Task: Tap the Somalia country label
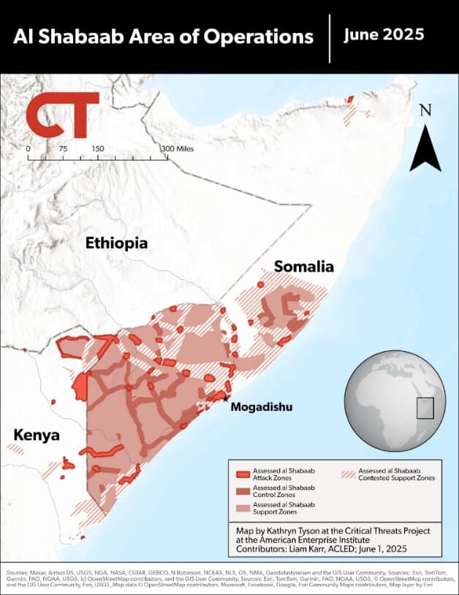[303, 267]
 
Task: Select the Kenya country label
[36, 436]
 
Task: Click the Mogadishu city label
[261, 406]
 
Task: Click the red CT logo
[61, 115]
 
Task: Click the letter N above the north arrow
[425, 110]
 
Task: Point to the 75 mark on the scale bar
[63, 148]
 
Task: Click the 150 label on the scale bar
[97, 148]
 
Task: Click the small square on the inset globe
[425, 408]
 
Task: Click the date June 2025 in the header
[384, 34]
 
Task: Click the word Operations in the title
[256, 36]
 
